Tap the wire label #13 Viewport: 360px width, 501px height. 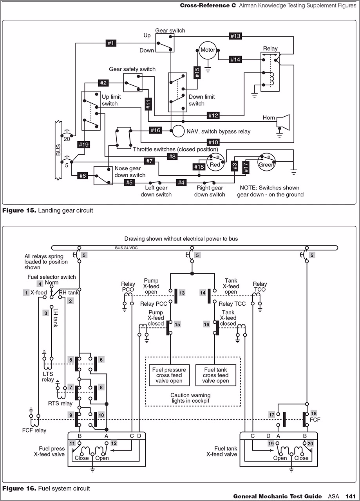coord(235,36)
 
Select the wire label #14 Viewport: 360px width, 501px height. coord(235,59)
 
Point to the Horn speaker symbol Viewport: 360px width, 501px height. coord(283,122)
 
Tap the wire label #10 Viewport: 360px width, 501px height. coord(213,142)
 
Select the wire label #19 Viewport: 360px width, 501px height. coord(84,144)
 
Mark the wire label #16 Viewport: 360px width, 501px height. coord(156,130)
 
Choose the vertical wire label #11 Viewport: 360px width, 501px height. coord(148,104)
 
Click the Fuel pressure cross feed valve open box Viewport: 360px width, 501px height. coord(169,375)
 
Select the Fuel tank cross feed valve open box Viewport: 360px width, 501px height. coord(215,375)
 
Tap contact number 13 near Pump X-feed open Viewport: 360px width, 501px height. coord(182,293)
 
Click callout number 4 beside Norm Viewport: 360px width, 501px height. coord(40,284)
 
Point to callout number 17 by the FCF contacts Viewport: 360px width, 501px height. coord(271,414)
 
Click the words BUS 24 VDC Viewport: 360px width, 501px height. coord(126,248)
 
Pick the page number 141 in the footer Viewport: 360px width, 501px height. coord(351,496)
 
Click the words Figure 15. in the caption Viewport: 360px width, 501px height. coord(19,210)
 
